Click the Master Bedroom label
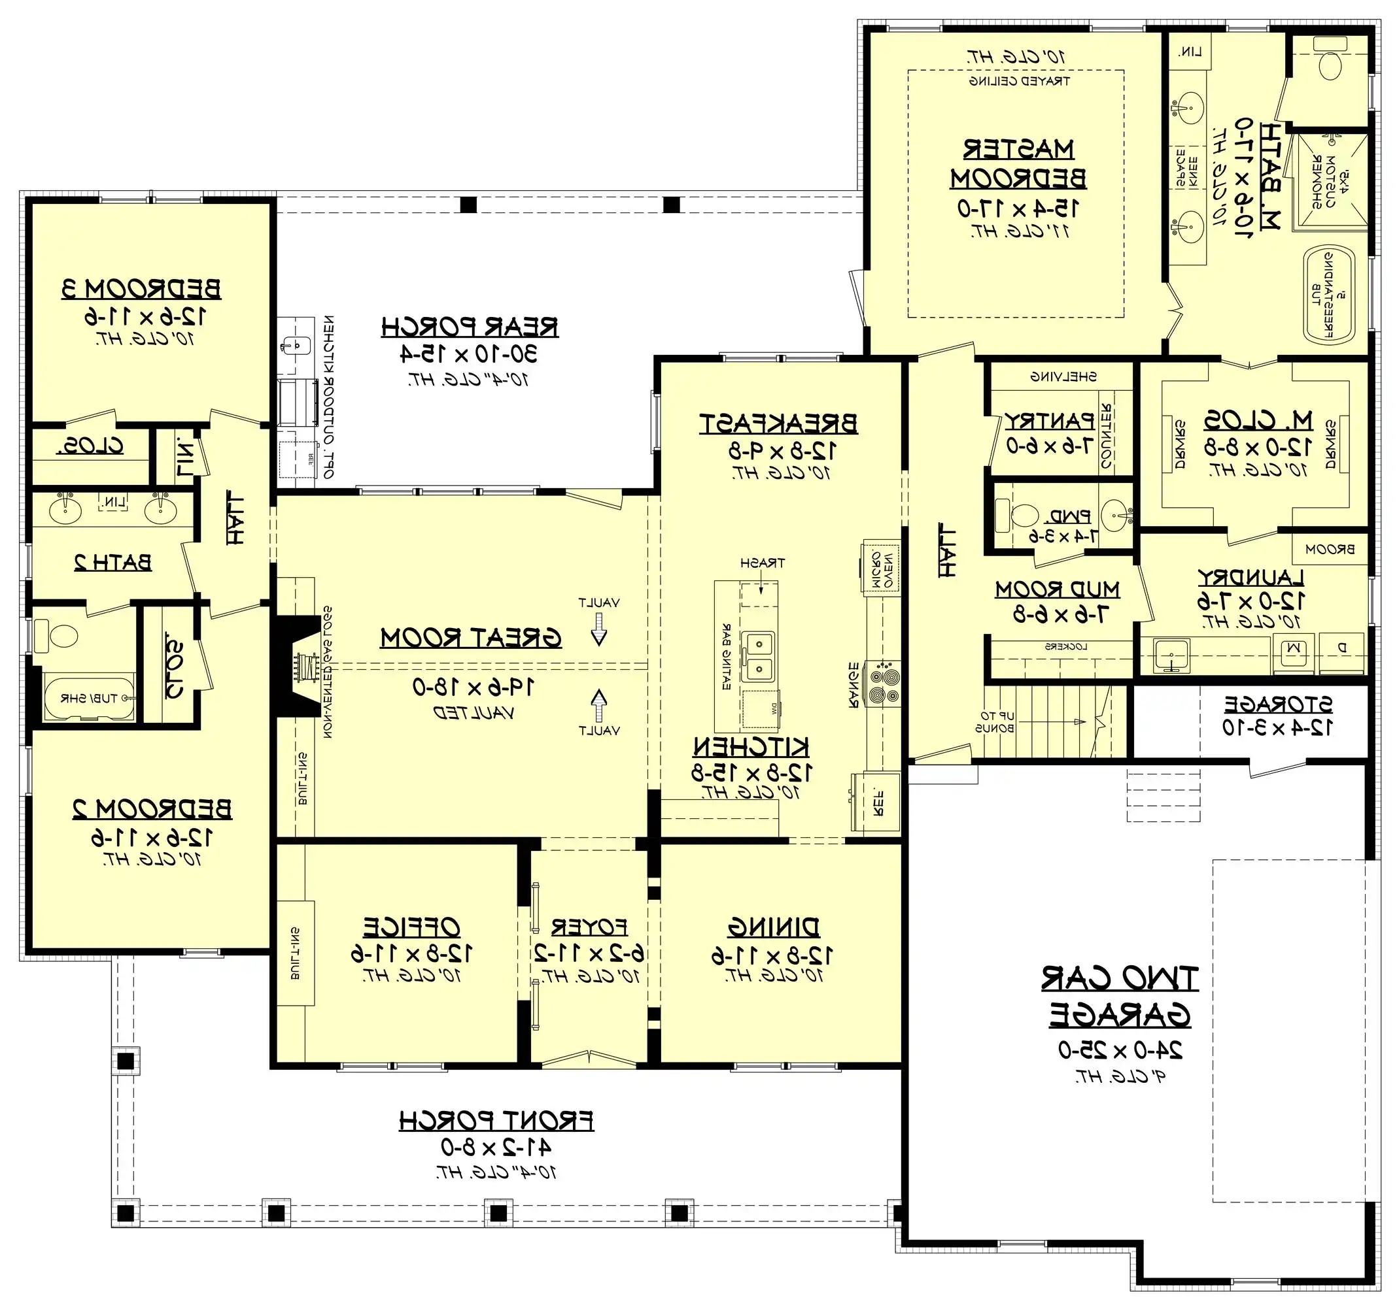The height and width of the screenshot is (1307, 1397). [x=1018, y=164]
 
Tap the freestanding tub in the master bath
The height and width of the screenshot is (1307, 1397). [x=1329, y=295]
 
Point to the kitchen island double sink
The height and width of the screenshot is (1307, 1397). [x=759, y=656]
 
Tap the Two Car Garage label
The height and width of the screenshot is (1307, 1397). [x=1120, y=997]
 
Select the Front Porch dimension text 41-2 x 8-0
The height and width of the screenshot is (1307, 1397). [x=496, y=1148]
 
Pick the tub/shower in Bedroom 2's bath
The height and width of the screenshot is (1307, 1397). [x=88, y=698]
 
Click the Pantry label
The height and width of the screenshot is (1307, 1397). [x=1049, y=421]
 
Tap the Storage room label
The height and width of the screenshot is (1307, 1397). [x=1277, y=704]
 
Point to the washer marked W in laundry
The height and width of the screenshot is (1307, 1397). [x=1294, y=650]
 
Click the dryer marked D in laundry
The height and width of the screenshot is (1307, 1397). [x=1341, y=649]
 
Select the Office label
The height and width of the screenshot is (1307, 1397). [x=412, y=927]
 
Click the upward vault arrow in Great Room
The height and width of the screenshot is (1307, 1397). [x=598, y=704]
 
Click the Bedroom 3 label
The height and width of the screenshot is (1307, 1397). [x=141, y=289]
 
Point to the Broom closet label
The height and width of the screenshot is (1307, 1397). [x=1330, y=550]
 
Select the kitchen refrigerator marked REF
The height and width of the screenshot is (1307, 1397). [x=876, y=801]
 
